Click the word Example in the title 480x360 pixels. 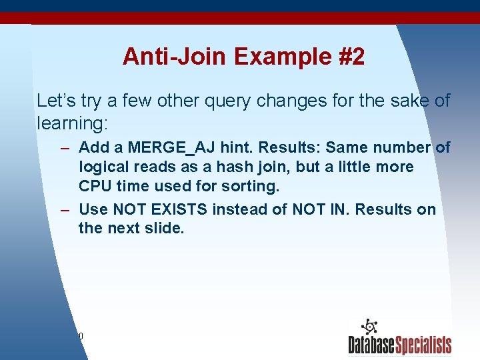pos(269,57)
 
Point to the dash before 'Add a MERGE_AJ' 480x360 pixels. pos(64,147)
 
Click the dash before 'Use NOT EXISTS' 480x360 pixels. pos(64,209)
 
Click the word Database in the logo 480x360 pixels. pos(371,345)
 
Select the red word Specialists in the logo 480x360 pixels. pos(423,345)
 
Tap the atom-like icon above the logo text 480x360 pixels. pos(368,327)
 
